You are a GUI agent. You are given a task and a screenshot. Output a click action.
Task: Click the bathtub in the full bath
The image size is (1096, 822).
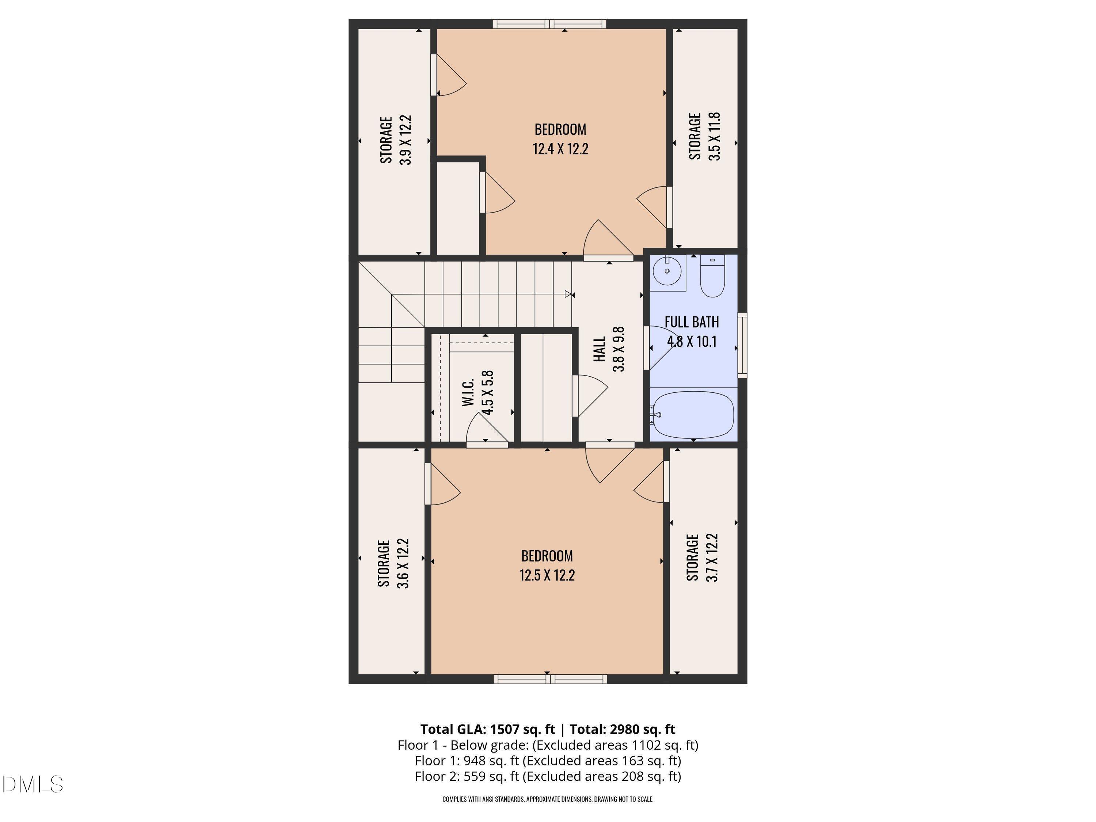pyautogui.click(x=693, y=415)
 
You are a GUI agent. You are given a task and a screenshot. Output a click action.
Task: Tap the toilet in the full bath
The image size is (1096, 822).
pyautogui.click(x=712, y=277)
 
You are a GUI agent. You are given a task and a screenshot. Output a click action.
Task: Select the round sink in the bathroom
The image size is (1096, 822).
pyautogui.click(x=667, y=271)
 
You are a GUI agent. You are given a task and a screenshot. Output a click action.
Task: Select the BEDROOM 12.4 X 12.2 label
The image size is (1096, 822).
pyautogui.click(x=560, y=139)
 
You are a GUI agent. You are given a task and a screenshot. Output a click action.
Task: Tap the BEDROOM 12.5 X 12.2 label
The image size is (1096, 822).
pyautogui.click(x=547, y=565)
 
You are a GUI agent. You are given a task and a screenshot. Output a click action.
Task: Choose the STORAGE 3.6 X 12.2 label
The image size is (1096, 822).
pyautogui.click(x=393, y=563)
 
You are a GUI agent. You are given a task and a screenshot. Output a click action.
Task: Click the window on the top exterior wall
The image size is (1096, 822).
pyautogui.click(x=549, y=24)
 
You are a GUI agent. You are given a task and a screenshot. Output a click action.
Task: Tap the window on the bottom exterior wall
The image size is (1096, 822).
pyautogui.click(x=550, y=679)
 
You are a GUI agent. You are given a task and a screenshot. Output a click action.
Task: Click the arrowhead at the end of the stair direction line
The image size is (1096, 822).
pyautogui.click(x=568, y=294)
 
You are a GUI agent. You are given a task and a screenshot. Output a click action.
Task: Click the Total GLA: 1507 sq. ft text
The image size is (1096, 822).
pyautogui.click(x=488, y=729)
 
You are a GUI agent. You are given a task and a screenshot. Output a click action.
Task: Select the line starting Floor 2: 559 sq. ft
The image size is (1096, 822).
pyautogui.click(x=548, y=776)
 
